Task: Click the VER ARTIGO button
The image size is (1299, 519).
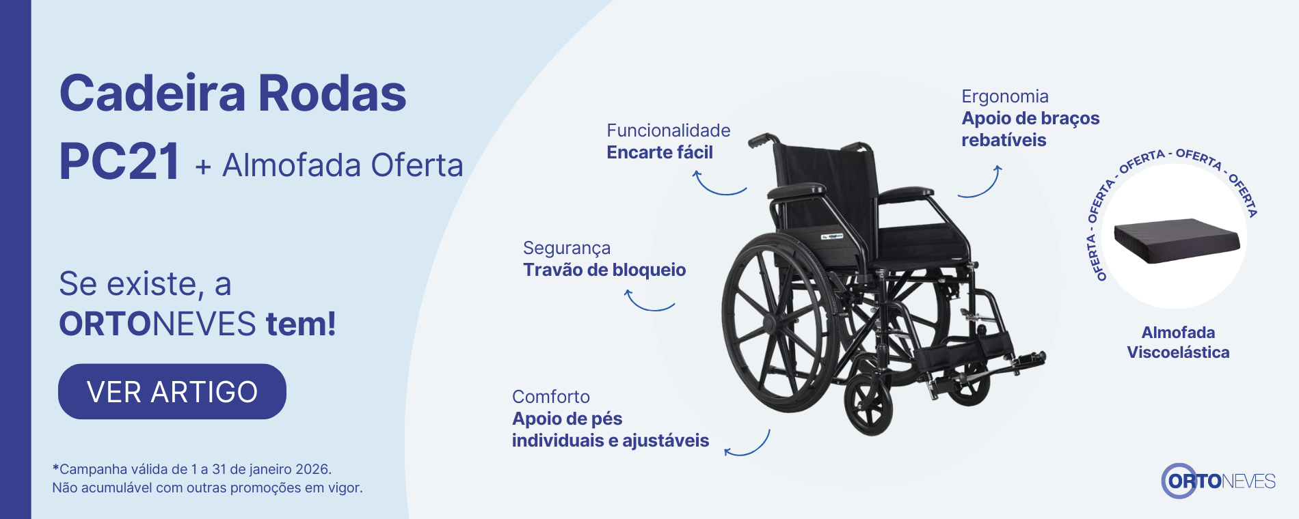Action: [172, 391]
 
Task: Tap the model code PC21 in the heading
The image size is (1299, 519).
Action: [120, 162]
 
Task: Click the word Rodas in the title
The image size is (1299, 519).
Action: [332, 94]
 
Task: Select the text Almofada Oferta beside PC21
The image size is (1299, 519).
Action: [343, 165]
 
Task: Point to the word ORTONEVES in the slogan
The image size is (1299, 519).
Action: [157, 324]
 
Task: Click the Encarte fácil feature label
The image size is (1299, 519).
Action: [659, 152]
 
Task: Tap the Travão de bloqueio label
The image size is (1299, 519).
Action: [604, 270]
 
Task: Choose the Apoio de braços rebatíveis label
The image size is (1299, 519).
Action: [1030, 129]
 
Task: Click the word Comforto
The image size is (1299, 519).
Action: [550, 397]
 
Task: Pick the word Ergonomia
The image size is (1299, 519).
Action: [1004, 96]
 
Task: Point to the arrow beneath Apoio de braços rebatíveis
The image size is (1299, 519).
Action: [980, 184]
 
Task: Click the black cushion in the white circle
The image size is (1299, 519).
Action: [1177, 240]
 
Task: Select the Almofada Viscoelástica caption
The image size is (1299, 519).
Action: [1178, 342]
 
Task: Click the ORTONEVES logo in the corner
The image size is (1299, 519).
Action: [1218, 481]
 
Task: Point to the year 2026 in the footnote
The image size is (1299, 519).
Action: [312, 469]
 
